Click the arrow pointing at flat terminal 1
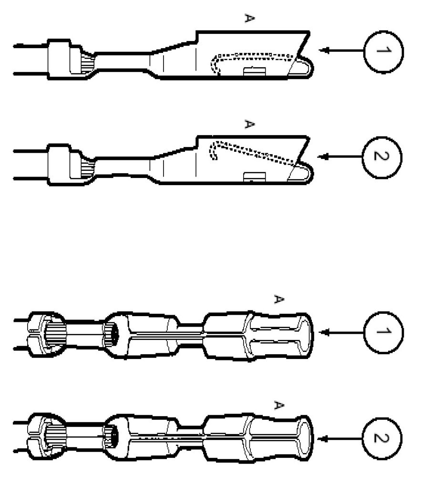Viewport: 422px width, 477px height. point(339,50)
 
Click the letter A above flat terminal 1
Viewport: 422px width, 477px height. point(248,19)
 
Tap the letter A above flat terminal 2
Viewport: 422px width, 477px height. point(248,124)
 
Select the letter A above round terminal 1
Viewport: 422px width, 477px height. point(279,299)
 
